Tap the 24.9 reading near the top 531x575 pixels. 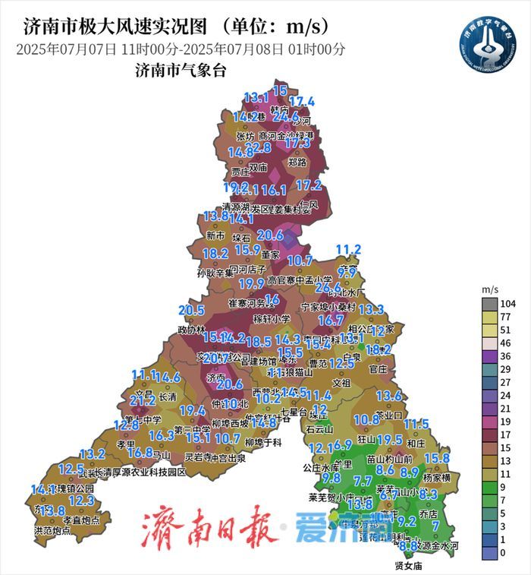tap(286, 117)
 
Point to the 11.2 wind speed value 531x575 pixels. tap(348, 249)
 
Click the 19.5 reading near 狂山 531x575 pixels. tap(389, 440)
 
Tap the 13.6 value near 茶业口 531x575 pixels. tap(389, 396)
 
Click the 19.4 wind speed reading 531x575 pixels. tap(192, 411)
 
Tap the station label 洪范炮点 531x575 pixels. tap(53, 530)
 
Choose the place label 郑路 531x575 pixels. tap(297, 162)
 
